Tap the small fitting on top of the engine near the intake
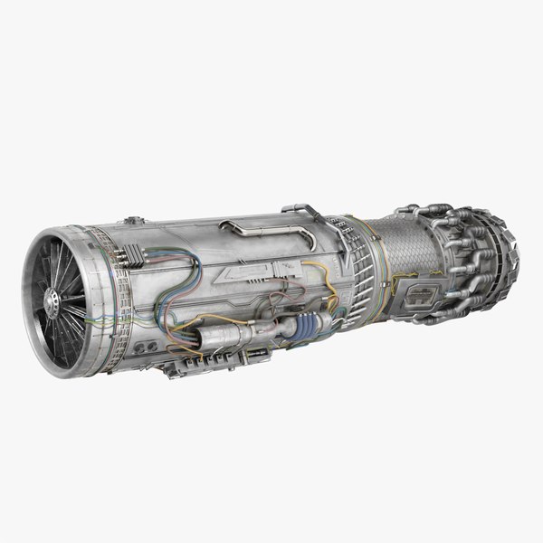tap(134, 220)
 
